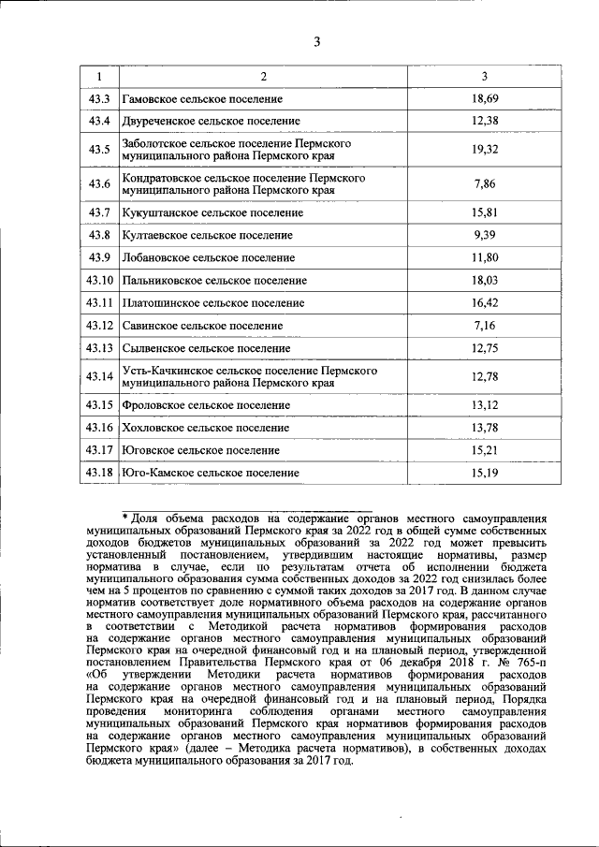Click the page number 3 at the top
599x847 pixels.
click(316, 41)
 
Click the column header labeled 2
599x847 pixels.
click(263, 76)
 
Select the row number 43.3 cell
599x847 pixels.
click(99, 98)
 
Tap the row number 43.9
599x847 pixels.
click(99, 257)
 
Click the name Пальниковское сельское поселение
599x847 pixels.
click(214, 280)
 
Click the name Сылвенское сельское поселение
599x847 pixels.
click(206, 348)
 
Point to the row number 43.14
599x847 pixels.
click(99, 376)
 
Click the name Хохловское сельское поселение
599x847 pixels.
click(206, 428)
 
